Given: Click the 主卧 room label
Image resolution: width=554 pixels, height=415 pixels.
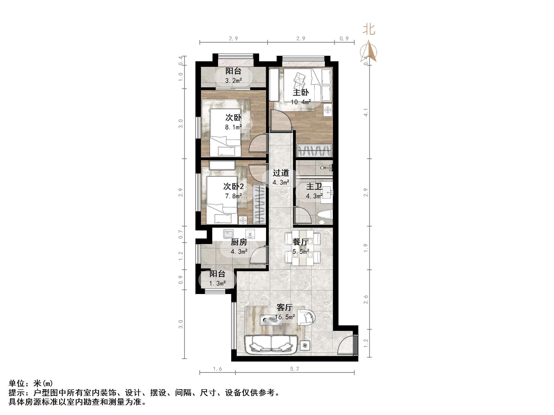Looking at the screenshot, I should click(x=301, y=93).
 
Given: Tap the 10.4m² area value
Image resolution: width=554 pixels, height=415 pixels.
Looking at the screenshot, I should click(x=301, y=102).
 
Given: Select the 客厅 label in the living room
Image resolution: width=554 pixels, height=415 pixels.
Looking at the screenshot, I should click(x=284, y=307).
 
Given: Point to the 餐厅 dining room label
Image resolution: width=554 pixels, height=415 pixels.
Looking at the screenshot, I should click(x=301, y=242).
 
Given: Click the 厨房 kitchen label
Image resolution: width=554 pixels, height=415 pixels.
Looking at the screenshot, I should click(x=239, y=242).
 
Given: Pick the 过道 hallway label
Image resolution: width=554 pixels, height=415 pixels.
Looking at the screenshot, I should click(x=281, y=173).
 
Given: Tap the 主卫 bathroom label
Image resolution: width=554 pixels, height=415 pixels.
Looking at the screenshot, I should click(x=314, y=186).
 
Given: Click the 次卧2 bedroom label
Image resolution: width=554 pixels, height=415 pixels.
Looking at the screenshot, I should click(x=234, y=186).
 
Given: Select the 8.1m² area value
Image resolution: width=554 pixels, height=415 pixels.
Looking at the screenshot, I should click(x=234, y=127).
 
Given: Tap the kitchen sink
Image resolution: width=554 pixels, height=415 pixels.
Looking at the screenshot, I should click(x=228, y=234).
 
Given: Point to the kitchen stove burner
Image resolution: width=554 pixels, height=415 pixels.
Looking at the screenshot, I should click(x=250, y=234).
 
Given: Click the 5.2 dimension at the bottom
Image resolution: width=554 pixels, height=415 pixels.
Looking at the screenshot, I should click(x=294, y=369).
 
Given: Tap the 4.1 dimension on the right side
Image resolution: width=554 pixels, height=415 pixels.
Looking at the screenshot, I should click(x=366, y=112).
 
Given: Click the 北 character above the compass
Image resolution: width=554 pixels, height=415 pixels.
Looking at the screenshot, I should click(x=369, y=30).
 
